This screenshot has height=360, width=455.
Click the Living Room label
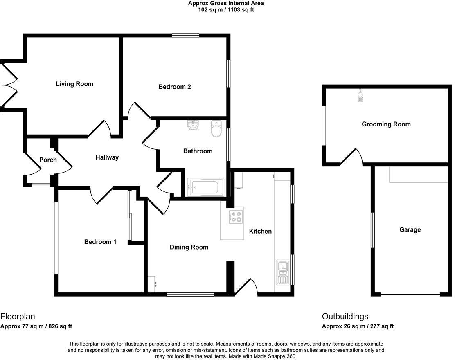74,84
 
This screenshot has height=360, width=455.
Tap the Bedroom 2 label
175,87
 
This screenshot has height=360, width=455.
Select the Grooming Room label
386,124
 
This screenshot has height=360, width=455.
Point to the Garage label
410,230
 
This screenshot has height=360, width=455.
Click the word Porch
48,160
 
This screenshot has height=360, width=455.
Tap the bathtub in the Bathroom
205,187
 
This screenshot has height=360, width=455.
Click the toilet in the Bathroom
216,129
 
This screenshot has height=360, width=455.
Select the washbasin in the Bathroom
193,126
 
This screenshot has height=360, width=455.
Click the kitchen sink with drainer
283,272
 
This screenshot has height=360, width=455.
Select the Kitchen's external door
248,287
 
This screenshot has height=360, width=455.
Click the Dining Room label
189,247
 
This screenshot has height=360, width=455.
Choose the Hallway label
107,157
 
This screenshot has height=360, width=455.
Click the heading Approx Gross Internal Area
226,3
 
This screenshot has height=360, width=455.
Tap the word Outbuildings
345,316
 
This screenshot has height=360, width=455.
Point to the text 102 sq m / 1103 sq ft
226,9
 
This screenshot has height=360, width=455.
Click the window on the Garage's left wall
372,230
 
